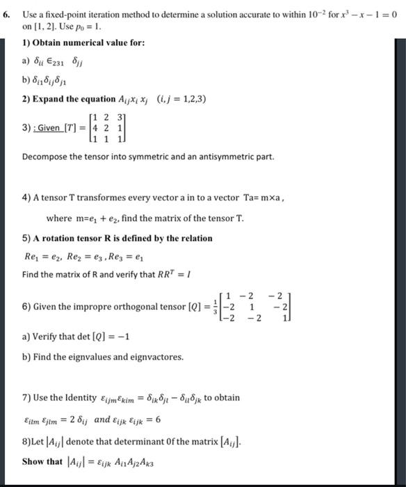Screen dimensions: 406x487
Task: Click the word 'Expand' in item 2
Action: pyautogui.click(x=48, y=98)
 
